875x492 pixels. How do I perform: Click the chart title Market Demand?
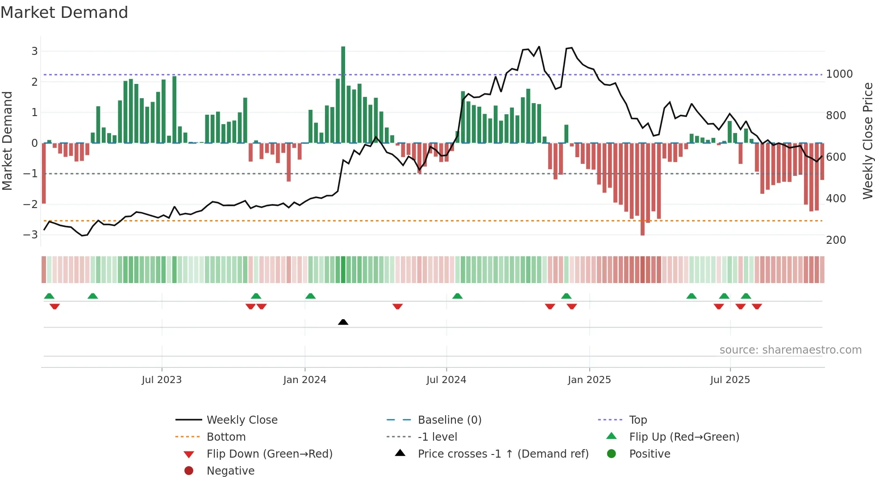[x=64, y=13]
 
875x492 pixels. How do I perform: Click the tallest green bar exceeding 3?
[x=343, y=94]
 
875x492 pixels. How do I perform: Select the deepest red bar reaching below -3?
[x=642, y=190]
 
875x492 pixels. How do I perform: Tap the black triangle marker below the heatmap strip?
[x=343, y=322]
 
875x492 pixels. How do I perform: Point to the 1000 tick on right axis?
[x=839, y=74]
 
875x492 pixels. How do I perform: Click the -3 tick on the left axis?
[x=31, y=234]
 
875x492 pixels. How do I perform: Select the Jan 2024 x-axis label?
[x=304, y=380]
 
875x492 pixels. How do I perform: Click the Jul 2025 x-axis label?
[x=730, y=380]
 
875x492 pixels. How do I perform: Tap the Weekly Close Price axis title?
[x=867, y=141]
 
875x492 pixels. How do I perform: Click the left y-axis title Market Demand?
[x=7, y=141]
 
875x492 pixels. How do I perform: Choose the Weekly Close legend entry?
[x=242, y=420]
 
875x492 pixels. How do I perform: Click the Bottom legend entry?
[x=226, y=437]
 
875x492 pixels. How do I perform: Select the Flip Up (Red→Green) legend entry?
[x=684, y=437]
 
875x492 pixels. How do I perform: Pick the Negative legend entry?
[x=230, y=471]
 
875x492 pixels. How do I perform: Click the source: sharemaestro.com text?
[x=790, y=350]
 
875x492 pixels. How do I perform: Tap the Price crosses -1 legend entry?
[x=503, y=454]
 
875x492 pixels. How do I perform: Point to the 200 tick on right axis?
[x=836, y=240]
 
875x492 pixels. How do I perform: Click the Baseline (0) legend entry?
[x=449, y=420]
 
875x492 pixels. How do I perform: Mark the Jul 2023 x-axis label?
[x=162, y=380]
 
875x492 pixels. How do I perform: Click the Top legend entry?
[x=637, y=420]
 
